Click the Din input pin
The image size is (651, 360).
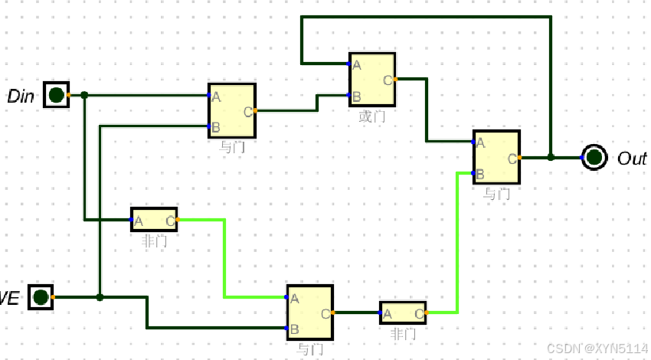coord(56,95)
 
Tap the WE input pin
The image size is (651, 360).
coord(41,297)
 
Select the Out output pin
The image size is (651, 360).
coord(594,158)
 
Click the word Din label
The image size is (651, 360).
coord(21,97)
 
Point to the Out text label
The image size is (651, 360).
coord(632,159)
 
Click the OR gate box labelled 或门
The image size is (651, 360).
coord(372,79)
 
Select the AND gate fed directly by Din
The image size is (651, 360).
coord(231,110)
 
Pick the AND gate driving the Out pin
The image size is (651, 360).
coord(496,157)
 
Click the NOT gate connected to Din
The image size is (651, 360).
coord(154,220)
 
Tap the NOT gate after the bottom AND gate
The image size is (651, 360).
coord(403,313)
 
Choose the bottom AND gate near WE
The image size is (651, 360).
coord(310,313)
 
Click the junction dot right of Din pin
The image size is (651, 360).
coord(84,95)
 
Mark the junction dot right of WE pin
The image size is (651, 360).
coord(100,297)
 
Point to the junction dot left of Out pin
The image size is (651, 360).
coord(551,158)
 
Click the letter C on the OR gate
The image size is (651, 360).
coord(388,80)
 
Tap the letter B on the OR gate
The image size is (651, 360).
coord(357,97)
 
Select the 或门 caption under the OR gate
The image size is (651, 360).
coord(372,116)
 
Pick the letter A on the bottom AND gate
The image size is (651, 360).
coord(295,298)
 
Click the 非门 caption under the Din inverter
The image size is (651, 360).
coord(155,241)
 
